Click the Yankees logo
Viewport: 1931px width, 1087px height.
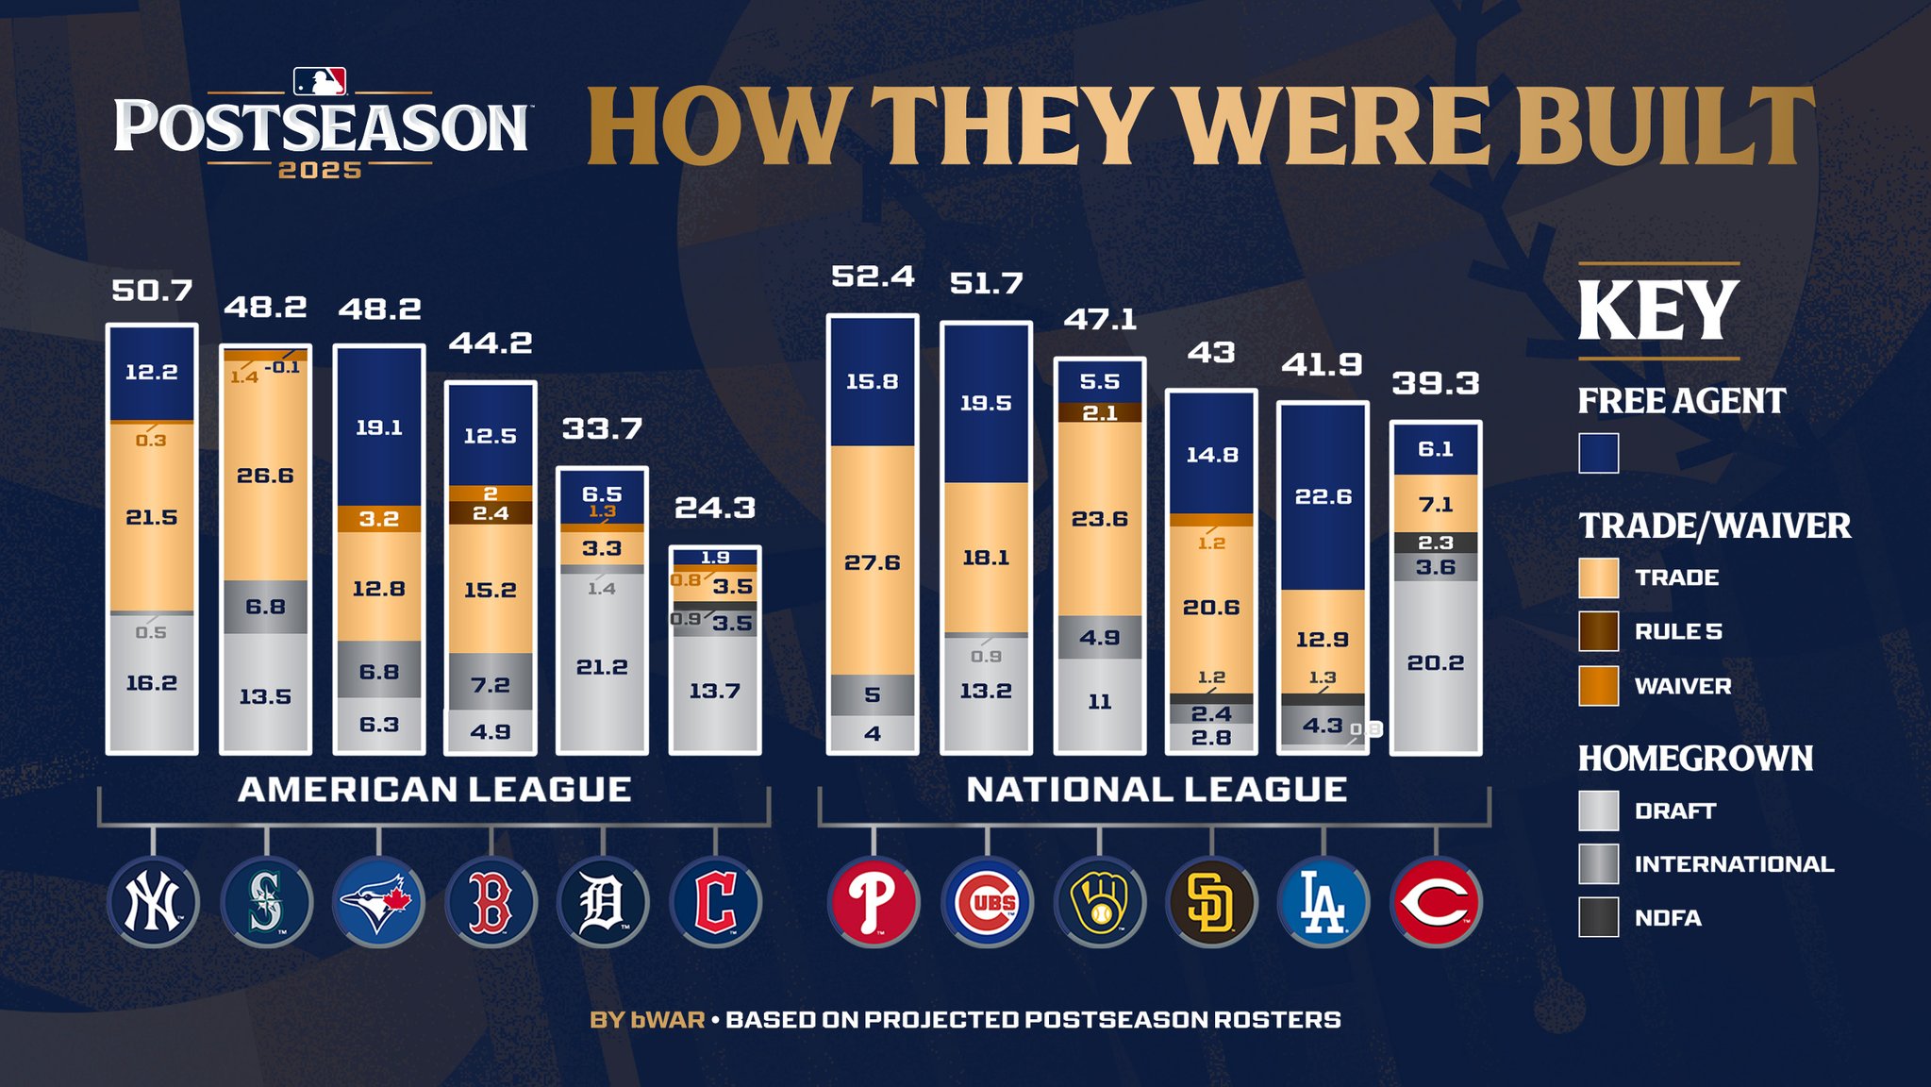tap(153, 902)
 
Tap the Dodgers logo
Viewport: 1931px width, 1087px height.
tap(1323, 902)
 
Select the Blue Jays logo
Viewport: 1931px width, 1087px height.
tap(378, 902)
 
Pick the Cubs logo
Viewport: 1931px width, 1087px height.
tap(987, 902)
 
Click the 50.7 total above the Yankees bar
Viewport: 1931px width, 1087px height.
tap(152, 291)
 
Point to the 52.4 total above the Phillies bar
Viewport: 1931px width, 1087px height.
tap(873, 276)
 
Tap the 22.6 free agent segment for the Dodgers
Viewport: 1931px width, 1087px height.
tap(1323, 496)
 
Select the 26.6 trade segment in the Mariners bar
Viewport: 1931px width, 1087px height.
tap(265, 476)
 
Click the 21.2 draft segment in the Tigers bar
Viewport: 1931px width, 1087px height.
tap(602, 666)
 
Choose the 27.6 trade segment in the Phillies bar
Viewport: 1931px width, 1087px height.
tap(873, 562)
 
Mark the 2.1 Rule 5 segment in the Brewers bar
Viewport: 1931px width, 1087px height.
tap(1100, 412)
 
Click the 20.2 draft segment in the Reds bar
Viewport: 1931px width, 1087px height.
tap(1436, 662)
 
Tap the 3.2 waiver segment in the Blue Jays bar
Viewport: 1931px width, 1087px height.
tap(378, 518)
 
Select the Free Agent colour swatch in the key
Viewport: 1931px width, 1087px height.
tap(1598, 453)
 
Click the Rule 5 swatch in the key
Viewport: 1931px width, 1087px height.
tap(1598, 631)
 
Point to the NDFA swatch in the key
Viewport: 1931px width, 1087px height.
tap(1598, 917)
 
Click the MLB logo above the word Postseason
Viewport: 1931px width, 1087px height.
tap(320, 82)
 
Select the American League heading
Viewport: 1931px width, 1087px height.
tap(435, 790)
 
